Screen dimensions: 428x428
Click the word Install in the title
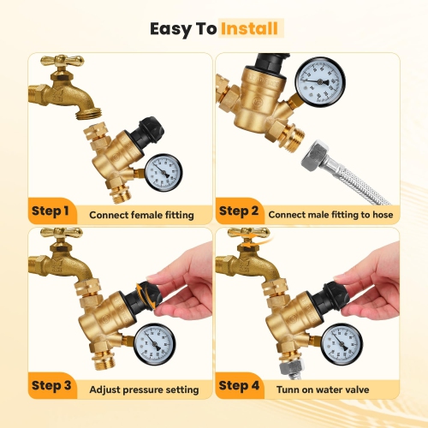[250, 28]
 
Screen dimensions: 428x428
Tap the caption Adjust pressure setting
[144, 390]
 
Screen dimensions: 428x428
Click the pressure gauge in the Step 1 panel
[163, 172]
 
